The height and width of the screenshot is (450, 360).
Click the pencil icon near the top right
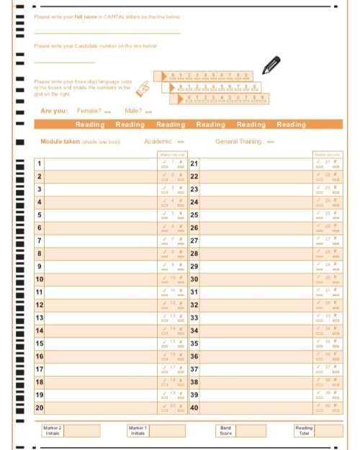point(271,65)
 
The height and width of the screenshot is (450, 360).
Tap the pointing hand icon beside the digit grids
point(143,89)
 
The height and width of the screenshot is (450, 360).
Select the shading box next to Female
point(107,112)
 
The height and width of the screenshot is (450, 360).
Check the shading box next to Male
point(148,112)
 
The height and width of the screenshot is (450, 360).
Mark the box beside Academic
point(181,142)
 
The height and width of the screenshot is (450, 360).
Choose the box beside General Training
point(270,142)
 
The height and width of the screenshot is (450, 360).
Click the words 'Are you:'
point(54,111)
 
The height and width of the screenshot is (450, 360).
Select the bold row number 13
point(40,318)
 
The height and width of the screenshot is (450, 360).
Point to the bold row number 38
point(194,382)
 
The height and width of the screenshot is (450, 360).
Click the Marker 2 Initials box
point(82,431)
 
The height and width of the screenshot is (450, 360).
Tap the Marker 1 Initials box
point(167,431)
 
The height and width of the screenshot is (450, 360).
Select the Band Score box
point(251,431)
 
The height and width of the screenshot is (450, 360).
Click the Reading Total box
point(329,431)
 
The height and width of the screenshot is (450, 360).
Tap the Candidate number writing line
point(65,62)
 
